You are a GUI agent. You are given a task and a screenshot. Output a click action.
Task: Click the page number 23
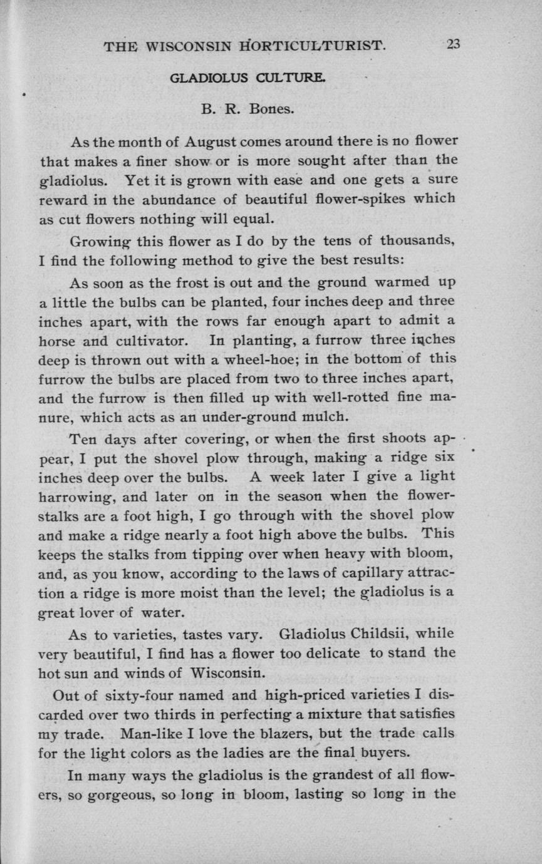click(453, 45)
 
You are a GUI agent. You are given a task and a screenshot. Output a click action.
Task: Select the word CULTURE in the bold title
click(294, 79)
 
